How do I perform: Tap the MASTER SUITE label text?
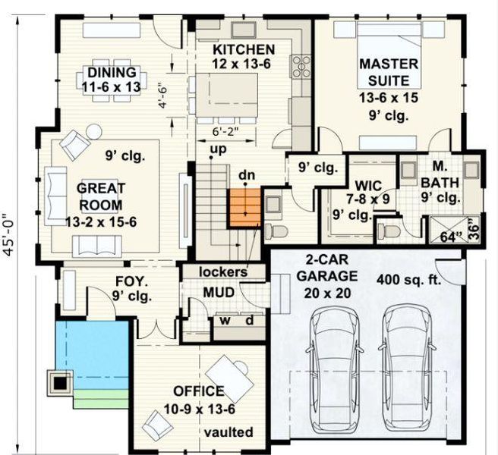[384, 72]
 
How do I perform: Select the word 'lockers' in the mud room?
[223, 271]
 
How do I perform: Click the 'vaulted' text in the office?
[228, 431]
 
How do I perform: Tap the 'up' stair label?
[219, 149]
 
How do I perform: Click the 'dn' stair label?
[245, 177]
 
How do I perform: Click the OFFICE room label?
[198, 391]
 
